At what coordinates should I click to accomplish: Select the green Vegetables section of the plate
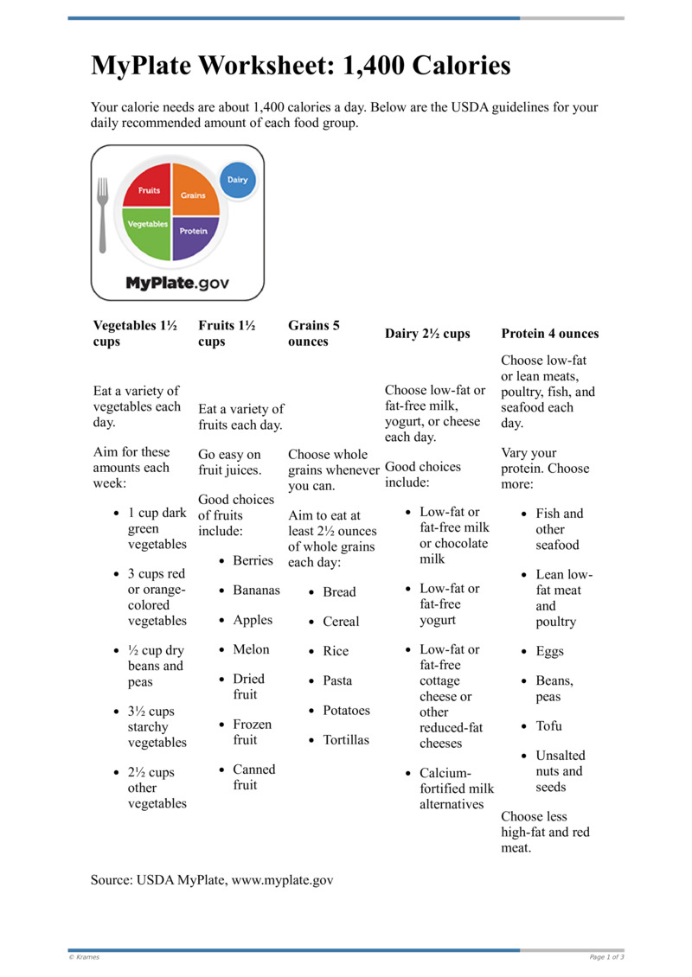(x=148, y=230)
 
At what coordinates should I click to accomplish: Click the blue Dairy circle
(x=237, y=180)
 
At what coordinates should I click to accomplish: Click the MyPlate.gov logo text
(x=183, y=283)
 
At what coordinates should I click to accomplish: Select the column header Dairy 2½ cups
(x=427, y=334)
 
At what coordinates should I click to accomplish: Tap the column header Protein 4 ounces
(x=549, y=334)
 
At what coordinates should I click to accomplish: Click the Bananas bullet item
(x=256, y=591)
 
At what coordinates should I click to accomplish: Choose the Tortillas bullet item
(x=345, y=740)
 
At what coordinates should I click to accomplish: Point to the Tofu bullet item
(x=548, y=726)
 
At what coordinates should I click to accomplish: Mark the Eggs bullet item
(x=549, y=652)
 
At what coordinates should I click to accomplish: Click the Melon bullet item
(x=251, y=649)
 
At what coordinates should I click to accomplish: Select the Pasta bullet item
(x=337, y=680)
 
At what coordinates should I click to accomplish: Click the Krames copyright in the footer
(x=84, y=957)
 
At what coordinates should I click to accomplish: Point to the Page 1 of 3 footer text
(x=606, y=957)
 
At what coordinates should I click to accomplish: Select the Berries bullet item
(x=253, y=561)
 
